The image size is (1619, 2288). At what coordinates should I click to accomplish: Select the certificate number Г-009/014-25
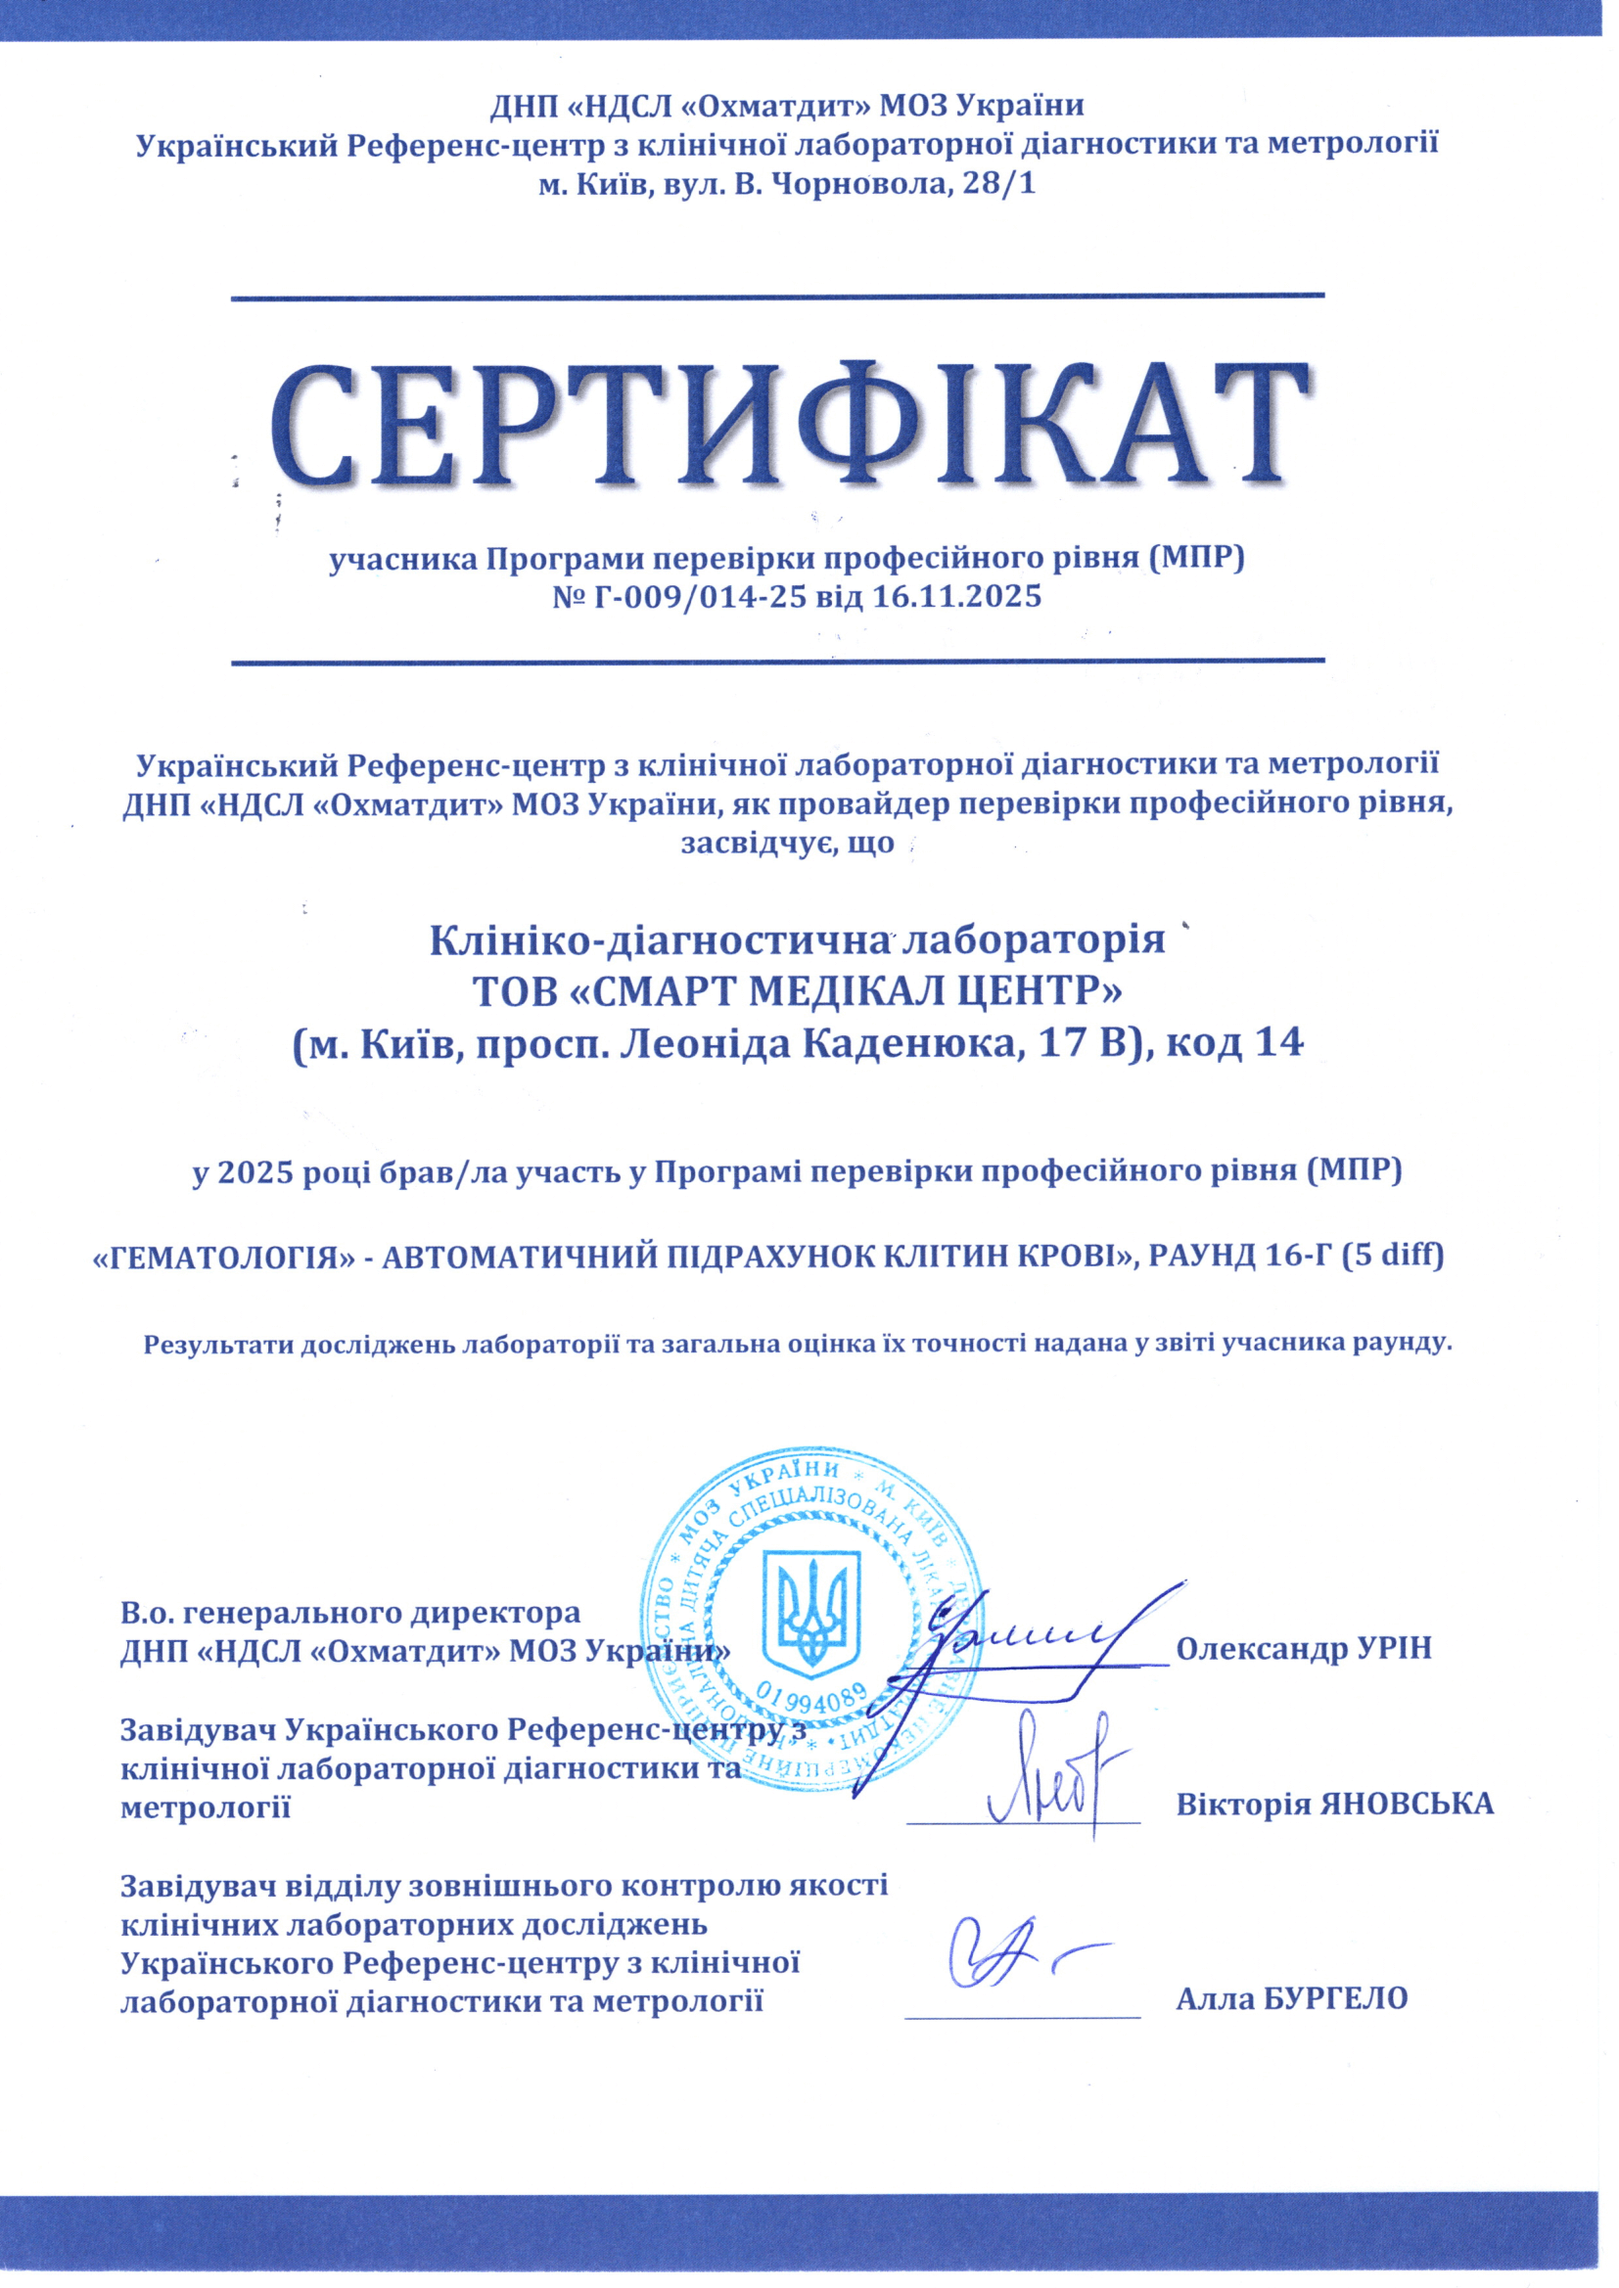(x=689, y=597)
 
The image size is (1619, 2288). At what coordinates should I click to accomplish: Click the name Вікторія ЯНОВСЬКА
(x=1335, y=1804)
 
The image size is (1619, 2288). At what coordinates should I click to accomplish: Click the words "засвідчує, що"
(x=787, y=844)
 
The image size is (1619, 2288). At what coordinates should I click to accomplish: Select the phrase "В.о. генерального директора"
(x=349, y=1612)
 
